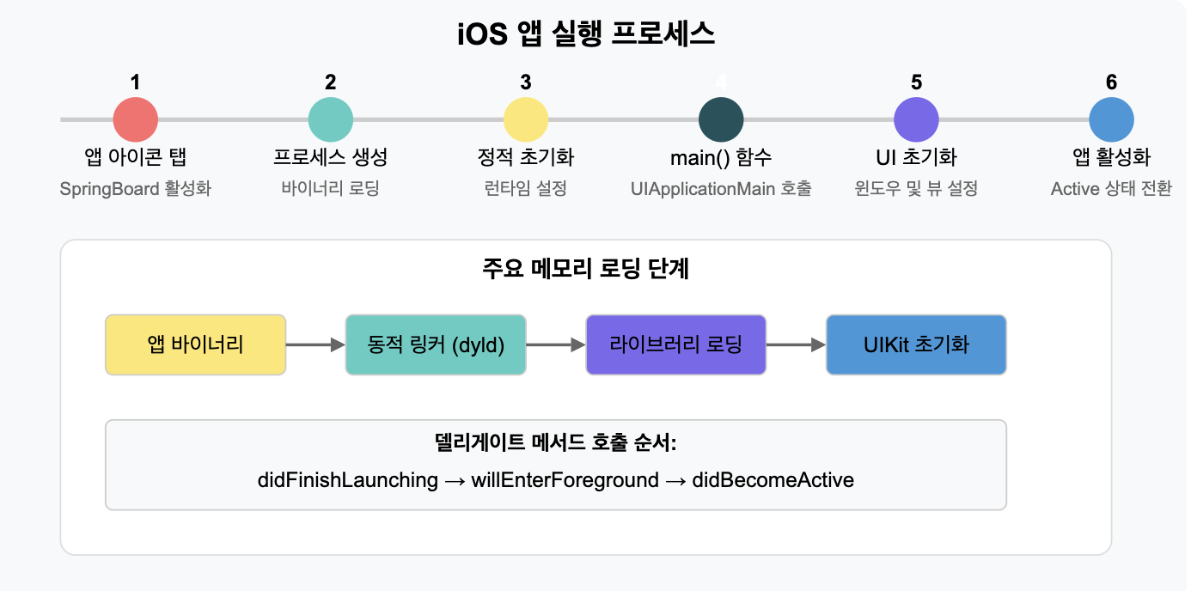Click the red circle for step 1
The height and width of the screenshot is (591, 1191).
pyautogui.click(x=136, y=119)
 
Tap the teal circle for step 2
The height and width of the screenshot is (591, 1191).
pyautogui.click(x=331, y=119)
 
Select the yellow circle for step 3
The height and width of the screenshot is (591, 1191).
pyautogui.click(x=526, y=119)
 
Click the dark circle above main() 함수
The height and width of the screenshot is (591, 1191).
pyautogui.click(x=721, y=119)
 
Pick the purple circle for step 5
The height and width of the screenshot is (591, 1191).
pyautogui.click(x=916, y=119)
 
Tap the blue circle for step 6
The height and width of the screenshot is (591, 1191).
pyautogui.click(x=1111, y=119)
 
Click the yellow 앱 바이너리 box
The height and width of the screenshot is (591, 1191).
pyautogui.click(x=195, y=344)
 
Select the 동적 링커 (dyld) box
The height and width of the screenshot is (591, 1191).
pyautogui.click(x=436, y=344)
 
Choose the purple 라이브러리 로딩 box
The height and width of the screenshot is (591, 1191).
pyautogui.click(x=675, y=344)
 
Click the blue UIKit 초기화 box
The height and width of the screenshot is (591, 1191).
pyautogui.click(x=916, y=344)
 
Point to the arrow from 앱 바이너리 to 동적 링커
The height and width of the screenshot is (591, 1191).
pyautogui.click(x=315, y=344)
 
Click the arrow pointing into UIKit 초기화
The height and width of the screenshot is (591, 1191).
pyautogui.click(x=796, y=344)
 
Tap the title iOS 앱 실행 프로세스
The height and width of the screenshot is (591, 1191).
pyautogui.click(x=586, y=35)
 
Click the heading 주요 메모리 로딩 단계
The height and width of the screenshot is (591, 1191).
pyautogui.click(x=586, y=269)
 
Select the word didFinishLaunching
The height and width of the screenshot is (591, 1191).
pyautogui.click(x=347, y=479)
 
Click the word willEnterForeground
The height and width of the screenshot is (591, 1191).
pyautogui.click(x=565, y=479)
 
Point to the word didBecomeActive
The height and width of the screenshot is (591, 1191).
pyautogui.click(x=773, y=479)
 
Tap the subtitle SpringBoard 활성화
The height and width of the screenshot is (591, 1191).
pyautogui.click(x=136, y=188)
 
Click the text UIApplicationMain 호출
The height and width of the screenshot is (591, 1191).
pyautogui.click(x=721, y=188)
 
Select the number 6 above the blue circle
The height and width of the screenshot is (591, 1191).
pyautogui.click(x=1111, y=82)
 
